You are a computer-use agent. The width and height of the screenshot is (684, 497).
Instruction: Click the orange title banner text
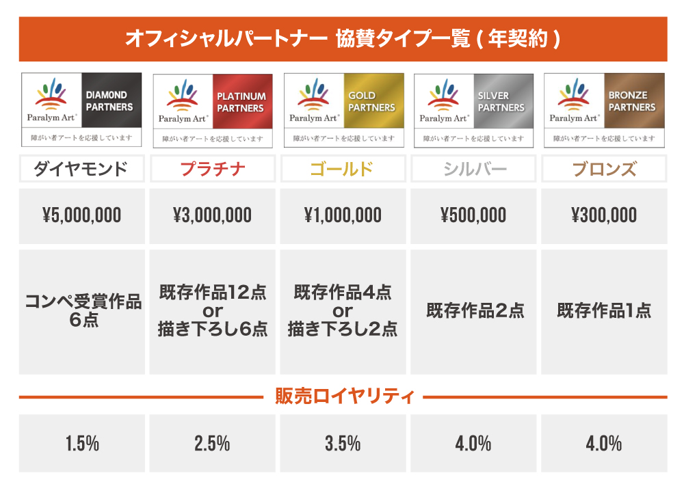click(x=343, y=38)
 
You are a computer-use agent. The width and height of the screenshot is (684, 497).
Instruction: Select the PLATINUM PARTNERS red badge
click(x=241, y=103)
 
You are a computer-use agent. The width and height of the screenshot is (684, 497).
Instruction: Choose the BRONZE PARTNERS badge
click(x=632, y=101)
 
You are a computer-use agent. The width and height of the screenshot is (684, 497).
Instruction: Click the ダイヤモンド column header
click(x=82, y=168)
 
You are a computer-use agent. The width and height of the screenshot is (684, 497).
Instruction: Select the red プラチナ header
click(x=212, y=168)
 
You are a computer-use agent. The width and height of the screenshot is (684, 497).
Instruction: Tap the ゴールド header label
click(x=343, y=168)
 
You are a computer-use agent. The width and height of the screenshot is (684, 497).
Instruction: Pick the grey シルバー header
click(x=473, y=168)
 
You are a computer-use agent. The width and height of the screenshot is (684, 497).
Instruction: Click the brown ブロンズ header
click(x=604, y=168)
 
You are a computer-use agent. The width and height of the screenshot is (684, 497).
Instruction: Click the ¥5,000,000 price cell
click(x=82, y=216)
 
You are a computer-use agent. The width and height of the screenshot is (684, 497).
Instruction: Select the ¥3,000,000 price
click(x=212, y=216)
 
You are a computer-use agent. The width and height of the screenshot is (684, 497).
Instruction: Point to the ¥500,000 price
click(x=473, y=216)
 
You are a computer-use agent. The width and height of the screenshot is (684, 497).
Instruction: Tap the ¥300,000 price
click(x=604, y=216)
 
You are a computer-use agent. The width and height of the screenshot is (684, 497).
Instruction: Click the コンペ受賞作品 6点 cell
click(x=82, y=311)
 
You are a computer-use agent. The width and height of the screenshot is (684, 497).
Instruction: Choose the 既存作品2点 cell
click(x=473, y=311)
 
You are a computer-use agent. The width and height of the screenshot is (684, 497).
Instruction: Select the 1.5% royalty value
click(x=82, y=444)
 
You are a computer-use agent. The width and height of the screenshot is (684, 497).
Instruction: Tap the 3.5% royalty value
click(x=343, y=444)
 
